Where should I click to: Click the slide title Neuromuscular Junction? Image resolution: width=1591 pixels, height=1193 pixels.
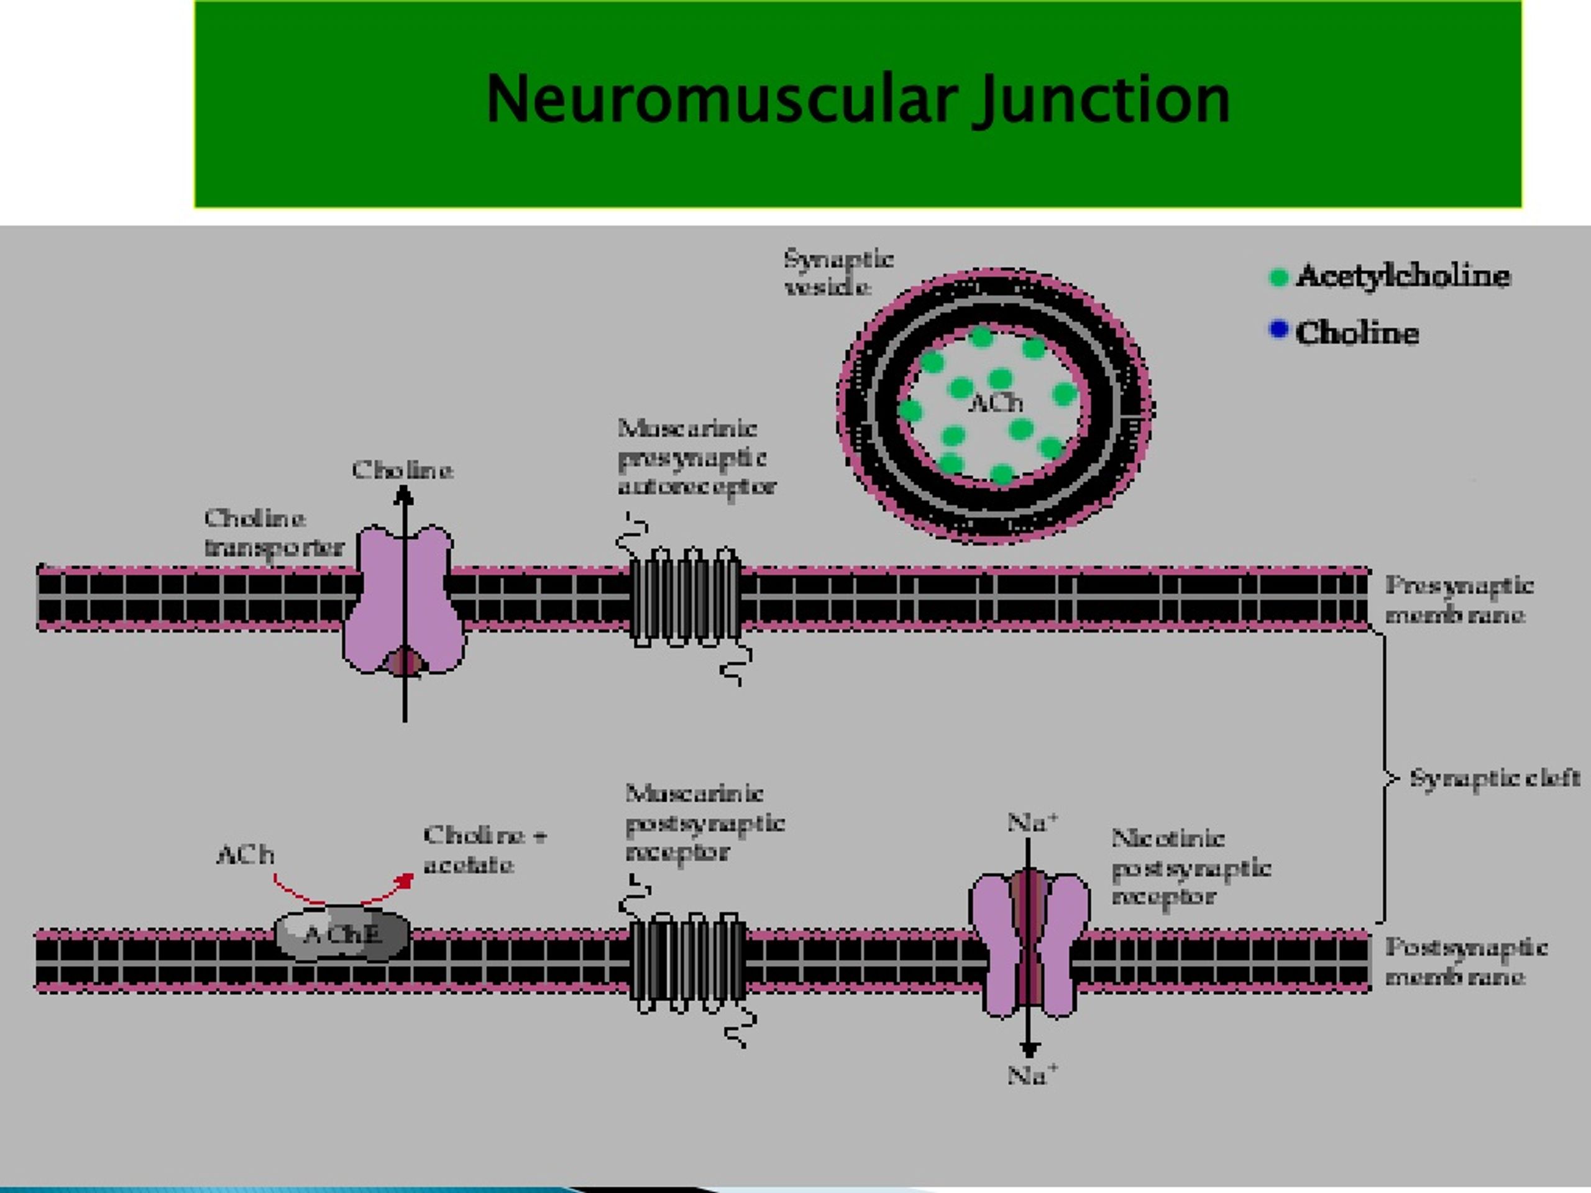pos(858,101)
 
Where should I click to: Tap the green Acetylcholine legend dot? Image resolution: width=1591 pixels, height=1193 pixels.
pos(1278,277)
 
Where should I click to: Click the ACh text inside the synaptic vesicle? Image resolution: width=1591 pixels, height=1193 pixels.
pos(996,403)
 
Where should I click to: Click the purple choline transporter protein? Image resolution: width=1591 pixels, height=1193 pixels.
pos(404,600)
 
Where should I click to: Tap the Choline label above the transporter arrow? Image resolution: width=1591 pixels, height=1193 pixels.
pos(403,470)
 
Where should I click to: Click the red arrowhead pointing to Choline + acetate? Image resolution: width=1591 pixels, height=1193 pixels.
pos(407,879)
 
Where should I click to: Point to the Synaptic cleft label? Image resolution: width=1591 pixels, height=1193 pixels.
pos(1495,778)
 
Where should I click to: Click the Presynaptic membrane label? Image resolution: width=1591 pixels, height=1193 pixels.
pos(1459,599)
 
